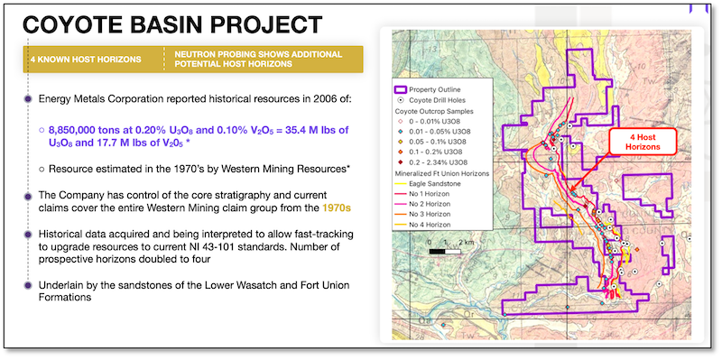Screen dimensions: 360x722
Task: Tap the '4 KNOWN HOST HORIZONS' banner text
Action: (88, 60)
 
